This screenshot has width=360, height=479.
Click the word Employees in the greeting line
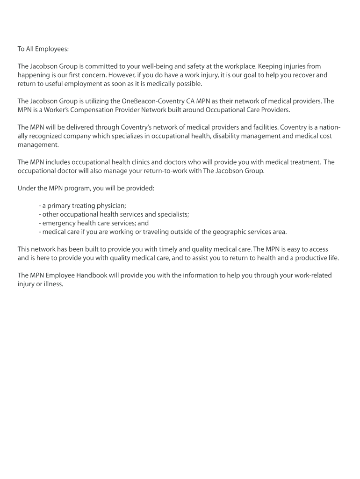tap(51, 49)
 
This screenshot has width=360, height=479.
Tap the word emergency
tap(59, 223)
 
